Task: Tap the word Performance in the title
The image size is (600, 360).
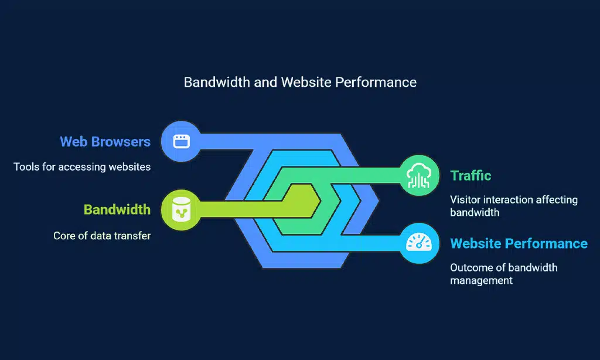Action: point(376,82)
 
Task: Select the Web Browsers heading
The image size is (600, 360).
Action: point(105,141)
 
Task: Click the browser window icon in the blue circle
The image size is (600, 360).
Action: point(180,141)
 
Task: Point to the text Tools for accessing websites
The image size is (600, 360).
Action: point(82,167)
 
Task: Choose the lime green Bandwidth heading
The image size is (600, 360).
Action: point(117,209)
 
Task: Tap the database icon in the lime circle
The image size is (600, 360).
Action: point(180,209)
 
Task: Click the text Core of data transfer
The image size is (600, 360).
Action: point(102,236)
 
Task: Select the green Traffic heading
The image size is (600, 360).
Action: point(471,175)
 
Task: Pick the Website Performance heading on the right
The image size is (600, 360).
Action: point(519,243)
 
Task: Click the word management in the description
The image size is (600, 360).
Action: point(481,280)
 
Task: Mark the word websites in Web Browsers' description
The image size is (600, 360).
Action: point(129,167)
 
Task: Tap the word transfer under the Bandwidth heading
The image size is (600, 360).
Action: point(132,236)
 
